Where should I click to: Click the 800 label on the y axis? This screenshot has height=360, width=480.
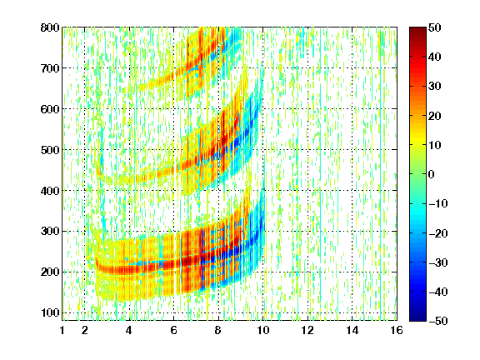(x=50, y=27)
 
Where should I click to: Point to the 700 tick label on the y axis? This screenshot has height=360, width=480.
(x=50, y=68)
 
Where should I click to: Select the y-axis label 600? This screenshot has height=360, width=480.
(x=50, y=109)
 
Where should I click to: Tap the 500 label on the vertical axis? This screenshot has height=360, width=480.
(x=50, y=150)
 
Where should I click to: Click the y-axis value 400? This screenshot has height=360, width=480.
(x=50, y=191)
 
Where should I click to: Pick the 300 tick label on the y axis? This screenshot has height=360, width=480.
(x=50, y=232)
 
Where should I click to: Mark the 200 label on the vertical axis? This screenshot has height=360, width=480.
(x=50, y=272)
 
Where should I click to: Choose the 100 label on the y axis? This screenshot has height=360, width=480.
(x=50, y=312)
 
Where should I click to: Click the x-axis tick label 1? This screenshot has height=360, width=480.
(x=62, y=330)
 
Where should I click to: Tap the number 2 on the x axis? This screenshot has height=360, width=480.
(x=85, y=330)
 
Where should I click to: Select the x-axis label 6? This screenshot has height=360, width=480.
(x=173, y=330)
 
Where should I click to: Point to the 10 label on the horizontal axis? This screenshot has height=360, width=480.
(x=262, y=330)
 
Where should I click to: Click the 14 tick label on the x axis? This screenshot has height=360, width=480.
(x=352, y=330)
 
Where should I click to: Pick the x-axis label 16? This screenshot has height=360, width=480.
(x=397, y=330)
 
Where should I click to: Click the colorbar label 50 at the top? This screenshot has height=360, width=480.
(x=434, y=27)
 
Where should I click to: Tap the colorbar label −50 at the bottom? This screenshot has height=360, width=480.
(x=438, y=321)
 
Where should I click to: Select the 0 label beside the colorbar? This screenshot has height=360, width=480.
(x=432, y=174)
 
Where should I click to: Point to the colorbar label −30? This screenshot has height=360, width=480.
(x=438, y=262)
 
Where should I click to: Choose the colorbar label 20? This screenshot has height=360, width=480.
(x=434, y=116)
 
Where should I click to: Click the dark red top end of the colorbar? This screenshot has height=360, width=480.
(x=417, y=28)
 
